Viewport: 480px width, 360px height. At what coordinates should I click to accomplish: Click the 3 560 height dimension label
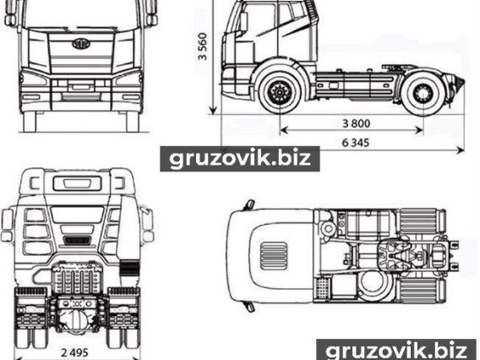click(203, 46)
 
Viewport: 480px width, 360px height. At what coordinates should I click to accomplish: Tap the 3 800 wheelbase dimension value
click(357, 123)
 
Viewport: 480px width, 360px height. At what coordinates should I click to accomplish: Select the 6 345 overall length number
click(356, 143)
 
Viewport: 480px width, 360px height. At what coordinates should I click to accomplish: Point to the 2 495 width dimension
click(74, 352)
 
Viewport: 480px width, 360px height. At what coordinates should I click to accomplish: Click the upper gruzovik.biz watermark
click(240, 159)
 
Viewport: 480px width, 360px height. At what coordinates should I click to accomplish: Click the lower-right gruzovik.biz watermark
click(396, 350)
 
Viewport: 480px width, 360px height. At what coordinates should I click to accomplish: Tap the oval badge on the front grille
click(81, 43)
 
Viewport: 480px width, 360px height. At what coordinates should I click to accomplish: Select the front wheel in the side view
click(278, 92)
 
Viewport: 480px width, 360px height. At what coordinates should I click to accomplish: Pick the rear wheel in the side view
click(423, 92)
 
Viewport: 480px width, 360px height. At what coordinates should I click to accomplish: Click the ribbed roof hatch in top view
click(274, 256)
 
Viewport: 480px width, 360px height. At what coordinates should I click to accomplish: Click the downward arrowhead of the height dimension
click(213, 110)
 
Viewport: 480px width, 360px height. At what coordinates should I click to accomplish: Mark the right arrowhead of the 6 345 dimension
click(461, 150)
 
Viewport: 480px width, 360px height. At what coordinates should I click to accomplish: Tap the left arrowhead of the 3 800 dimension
click(284, 130)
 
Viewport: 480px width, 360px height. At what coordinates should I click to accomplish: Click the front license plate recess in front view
click(81, 88)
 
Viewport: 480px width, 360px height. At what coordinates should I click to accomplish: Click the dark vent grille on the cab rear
click(77, 240)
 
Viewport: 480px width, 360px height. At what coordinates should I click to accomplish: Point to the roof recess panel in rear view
click(77, 183)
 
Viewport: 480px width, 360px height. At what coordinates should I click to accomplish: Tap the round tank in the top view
click(374, 286)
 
